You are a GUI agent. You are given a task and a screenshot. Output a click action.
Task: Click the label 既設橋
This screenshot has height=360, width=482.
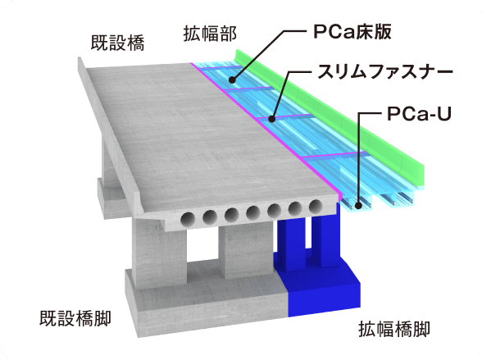[x=118, y=43]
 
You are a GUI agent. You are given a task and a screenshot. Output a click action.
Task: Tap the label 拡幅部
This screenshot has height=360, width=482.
[x=210, y=34]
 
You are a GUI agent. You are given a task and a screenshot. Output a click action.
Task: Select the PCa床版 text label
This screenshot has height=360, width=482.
[x=352, y=32]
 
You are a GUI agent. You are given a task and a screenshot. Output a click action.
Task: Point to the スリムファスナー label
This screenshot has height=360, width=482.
[x=385, y=71]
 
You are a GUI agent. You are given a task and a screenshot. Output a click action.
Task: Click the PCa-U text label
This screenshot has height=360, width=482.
[x=419, y=114]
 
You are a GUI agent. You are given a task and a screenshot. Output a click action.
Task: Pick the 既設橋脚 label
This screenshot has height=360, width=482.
[x=75, y=318]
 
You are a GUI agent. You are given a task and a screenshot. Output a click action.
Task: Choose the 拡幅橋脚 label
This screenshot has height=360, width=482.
[x=394, y=330]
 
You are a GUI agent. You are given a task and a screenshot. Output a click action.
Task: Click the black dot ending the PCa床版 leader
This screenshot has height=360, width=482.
[x=232, y=80]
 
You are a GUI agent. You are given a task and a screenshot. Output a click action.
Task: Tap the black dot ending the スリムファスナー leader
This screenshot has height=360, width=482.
[x=271, y=119]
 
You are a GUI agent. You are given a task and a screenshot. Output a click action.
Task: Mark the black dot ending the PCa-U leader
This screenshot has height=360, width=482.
[x=357, y=206]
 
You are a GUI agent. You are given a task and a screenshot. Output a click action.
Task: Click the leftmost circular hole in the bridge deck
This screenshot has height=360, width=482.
[x=189, y=219]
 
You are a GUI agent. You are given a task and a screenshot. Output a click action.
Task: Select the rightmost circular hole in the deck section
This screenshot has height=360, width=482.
[x=316, y=206]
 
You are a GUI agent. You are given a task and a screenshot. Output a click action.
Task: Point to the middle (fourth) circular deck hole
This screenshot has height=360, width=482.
[x=253, y=212]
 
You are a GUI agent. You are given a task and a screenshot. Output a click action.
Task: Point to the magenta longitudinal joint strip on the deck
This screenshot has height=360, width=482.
[x=265, y=129]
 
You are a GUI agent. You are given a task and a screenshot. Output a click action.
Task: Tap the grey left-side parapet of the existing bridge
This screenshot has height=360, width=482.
[x=111, y=135]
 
